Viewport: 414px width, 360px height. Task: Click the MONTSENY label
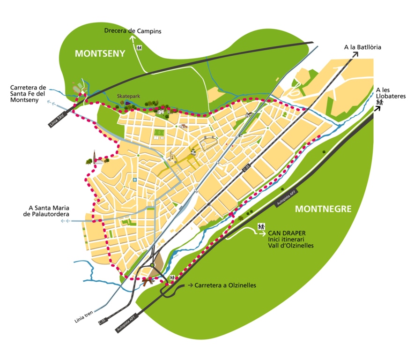[100, 53]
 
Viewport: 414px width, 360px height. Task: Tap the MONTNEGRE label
[323, 209]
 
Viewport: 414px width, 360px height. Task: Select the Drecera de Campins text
[133, 31]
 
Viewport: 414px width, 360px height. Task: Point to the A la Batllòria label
[362, 47]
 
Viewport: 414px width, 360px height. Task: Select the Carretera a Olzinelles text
[225, 285]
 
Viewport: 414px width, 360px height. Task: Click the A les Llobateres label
[388, 92]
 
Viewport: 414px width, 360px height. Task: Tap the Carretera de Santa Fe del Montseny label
[28, 93]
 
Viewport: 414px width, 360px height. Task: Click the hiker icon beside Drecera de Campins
[139, 47]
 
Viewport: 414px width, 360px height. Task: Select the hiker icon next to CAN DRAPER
[261, 227]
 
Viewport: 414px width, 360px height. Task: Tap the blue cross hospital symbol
[135, 180]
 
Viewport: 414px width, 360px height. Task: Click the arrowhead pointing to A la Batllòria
[356, 54]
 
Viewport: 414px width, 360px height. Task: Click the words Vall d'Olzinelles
[290, 245]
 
